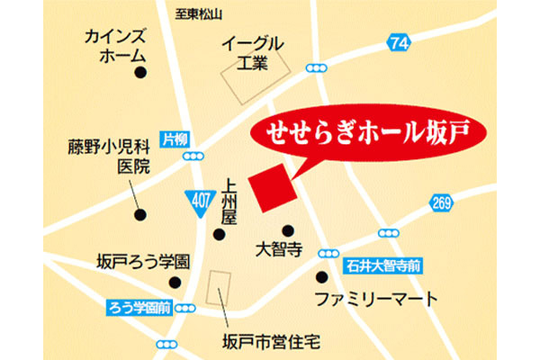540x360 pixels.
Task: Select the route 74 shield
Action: (400, 41)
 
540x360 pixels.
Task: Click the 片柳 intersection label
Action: (175, 139)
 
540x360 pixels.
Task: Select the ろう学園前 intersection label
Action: (137, 306)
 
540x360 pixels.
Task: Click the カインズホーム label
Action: (115, 44)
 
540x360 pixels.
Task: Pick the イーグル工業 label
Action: (253, 52)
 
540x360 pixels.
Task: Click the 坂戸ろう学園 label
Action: (144, 261)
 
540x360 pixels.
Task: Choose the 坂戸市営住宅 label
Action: (271, 341)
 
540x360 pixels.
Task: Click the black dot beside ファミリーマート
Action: (322, 277)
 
